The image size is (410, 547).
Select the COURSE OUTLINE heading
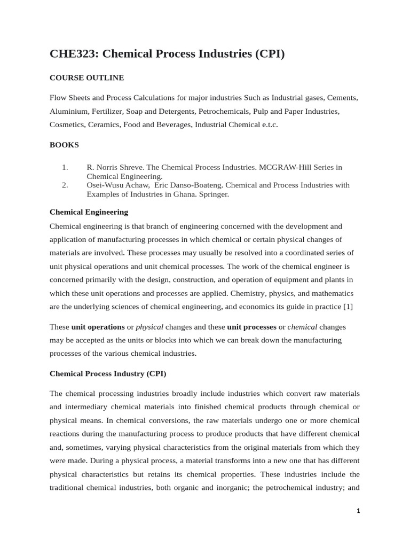86,78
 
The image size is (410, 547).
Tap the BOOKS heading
64,145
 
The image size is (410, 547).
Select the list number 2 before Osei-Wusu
65,185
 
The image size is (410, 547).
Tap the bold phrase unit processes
251,326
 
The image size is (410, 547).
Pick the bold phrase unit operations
98,326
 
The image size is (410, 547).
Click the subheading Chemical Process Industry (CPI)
108,374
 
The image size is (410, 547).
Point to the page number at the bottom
359,511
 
